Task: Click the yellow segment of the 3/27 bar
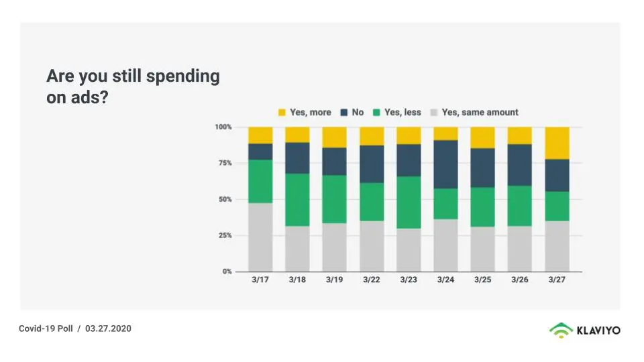(557, 143)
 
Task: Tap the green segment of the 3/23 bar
(409, 202)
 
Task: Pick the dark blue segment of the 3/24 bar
(445, 164)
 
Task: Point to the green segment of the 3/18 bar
(297, 200)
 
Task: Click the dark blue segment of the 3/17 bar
(260, 152)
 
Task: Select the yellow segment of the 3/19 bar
(334, 137)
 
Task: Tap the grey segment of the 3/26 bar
(519, 248)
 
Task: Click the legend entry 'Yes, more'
(305, 113)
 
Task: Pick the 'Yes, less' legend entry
(397, 113)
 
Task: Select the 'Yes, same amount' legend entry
(474, 113)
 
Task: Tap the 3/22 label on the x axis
(371, 280)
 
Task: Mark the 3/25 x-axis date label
(482, 280)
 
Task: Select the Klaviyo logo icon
(561, 330)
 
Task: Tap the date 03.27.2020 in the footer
(108, 328)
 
